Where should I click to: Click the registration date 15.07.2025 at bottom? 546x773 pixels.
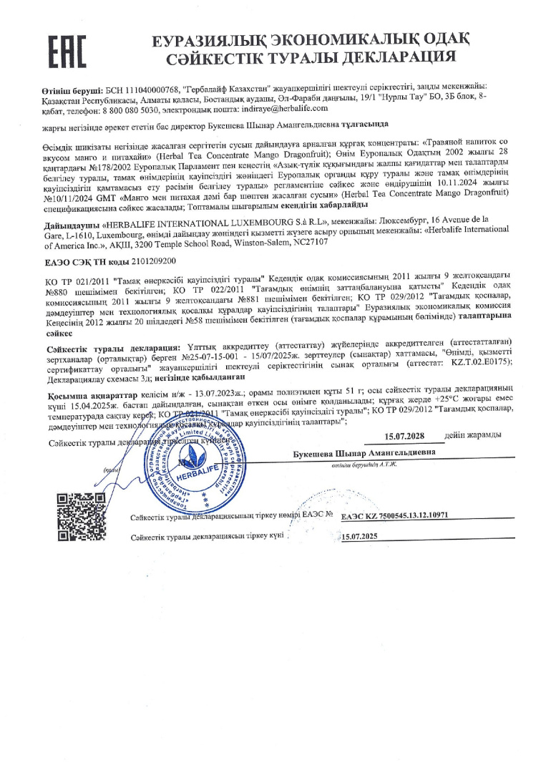tap(360, 556)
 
